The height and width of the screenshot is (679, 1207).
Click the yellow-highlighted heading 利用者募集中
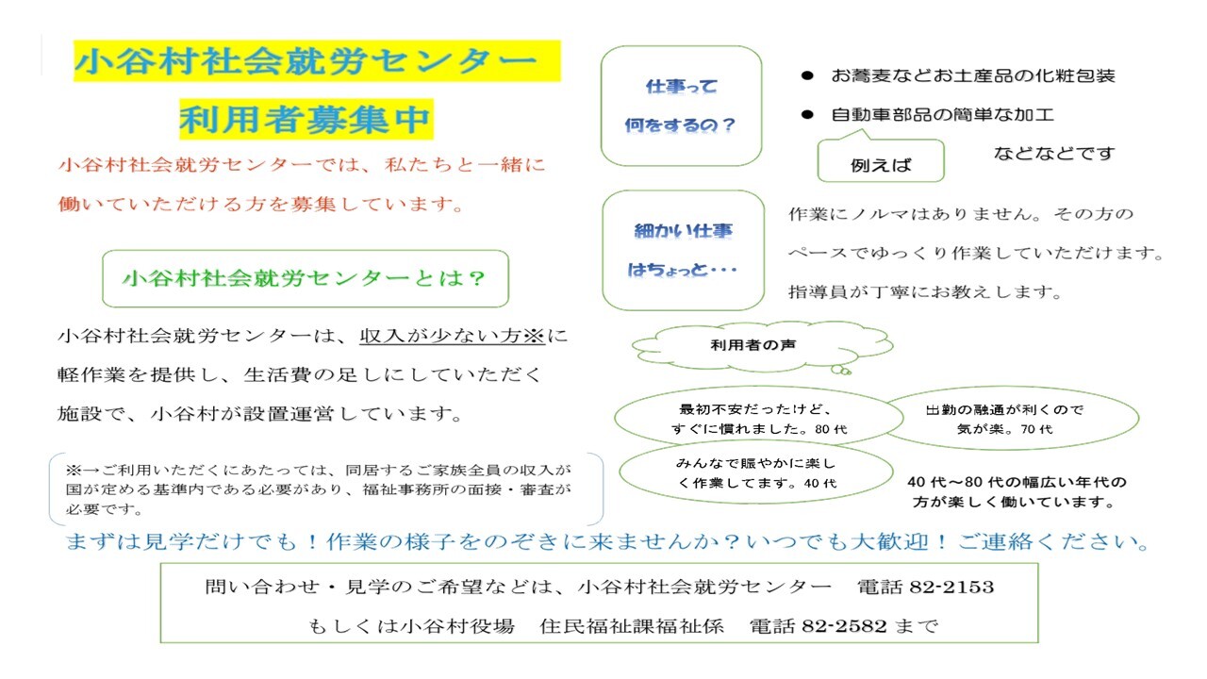306,119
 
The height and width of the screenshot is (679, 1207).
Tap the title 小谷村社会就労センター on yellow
306,61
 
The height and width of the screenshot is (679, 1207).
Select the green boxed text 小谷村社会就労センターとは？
305,278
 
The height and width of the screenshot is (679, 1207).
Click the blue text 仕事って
682,86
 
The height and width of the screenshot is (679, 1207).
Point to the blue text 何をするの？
681,125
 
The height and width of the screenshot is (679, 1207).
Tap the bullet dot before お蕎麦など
807,75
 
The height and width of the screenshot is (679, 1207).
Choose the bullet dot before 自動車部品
807,114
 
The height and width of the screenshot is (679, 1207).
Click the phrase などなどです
1054,154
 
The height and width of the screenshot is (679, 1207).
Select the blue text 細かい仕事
684,231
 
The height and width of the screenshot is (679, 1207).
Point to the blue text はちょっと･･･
682,270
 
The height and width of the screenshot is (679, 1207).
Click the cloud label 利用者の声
753,345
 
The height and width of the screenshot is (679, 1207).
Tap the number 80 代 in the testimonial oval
831,429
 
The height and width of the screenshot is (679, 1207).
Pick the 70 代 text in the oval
1036,429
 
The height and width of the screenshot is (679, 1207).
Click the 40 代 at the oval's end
820,484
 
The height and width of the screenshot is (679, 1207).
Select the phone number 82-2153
952,587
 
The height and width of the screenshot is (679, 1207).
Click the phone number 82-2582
844,626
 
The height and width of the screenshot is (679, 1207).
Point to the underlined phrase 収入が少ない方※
452,336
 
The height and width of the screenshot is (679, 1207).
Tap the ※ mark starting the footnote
74,471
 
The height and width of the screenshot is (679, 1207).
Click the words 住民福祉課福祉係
632,626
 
